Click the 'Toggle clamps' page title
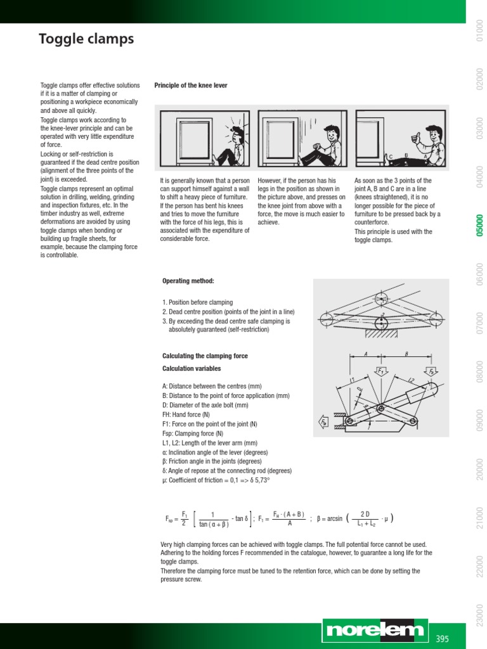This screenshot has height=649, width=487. click(x=86, y=39)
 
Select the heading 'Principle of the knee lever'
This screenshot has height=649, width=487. click(x=191, y=86)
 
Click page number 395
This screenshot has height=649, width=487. click(x=442, y=639)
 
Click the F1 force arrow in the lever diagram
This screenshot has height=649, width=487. click(x=381, y=371)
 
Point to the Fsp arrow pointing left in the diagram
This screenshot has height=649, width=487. click(x=323, y=421)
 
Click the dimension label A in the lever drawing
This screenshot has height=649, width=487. click(x=367, y=355)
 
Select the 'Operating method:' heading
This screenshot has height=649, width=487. click(x=188, y=281)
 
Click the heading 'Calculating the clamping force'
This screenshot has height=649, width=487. click(x=205, y=356)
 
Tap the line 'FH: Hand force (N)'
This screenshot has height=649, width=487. click(x=186, y=414)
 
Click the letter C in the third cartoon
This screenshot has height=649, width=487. click(x=391, y=156)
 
